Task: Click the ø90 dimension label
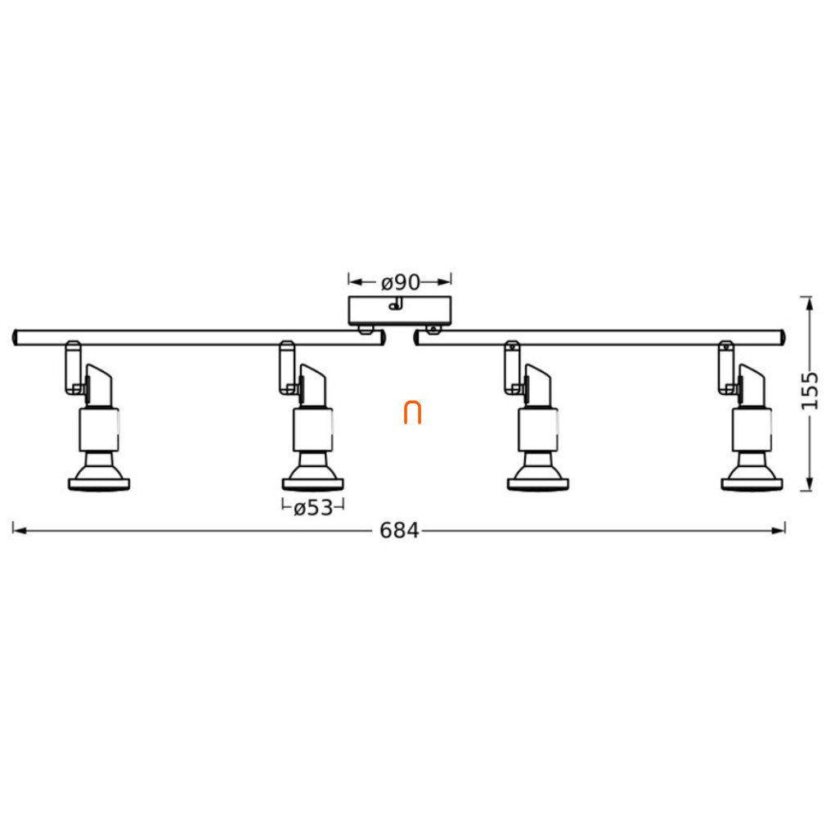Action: pyautogui.click(x=401, y=282)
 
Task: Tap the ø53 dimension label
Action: pyautogui.click(x=313, y=508)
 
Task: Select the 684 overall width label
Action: pyautogui.click(x=399, y=531)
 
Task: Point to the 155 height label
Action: pyautogui.click(x=810, y=390)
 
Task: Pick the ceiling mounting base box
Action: pyautogui.click(x=400, y=311)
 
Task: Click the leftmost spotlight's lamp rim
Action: pyautogui.click(x=99, y=484)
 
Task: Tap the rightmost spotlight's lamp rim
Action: pyautogui.click(x=752, y=484)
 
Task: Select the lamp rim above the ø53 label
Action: pyautogui.click(x=313, y=484)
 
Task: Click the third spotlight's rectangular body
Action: pyautogui.click(x=538, y=429)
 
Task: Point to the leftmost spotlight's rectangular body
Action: pyautogui.click(x=99, y=429)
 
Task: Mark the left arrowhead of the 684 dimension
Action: pyautogui.click(x=20, y=531)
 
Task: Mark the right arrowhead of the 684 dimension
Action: pyautogui.click(x=779, y=531)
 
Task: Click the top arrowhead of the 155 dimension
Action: pyautogui.click(x=806, y=304)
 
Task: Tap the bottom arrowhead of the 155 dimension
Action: pyautogui.click(x=806, y=483)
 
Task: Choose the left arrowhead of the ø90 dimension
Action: pyautogui.click(x=356, y=282)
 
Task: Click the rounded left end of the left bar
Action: pyautogui.click(x=16, y=338)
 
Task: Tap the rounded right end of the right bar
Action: pyautogui.click(x=783, y=338)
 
